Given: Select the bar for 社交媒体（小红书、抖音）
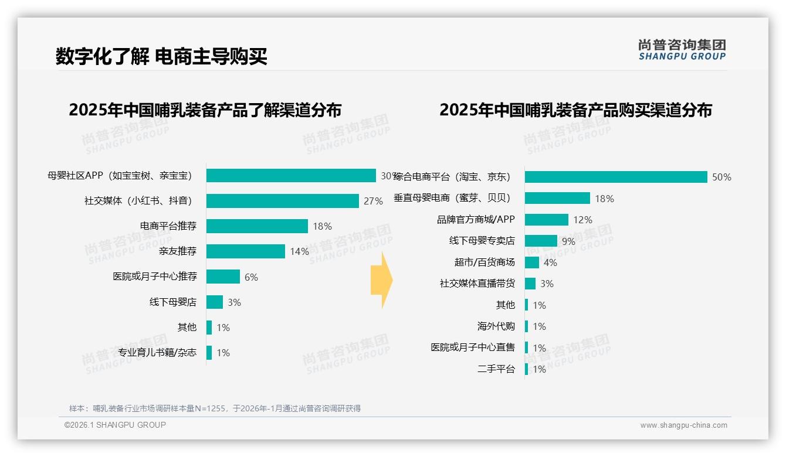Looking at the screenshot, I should pyautogui.click(x=282, y=201).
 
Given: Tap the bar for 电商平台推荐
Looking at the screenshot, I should pyautogui.click(x=257, y=226).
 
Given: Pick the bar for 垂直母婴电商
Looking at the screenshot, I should pyautogui.click(x=557, y=198).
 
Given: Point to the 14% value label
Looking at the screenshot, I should pyautogui.click(x=299, y=252).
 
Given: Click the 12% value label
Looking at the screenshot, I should pyautogui.click(x=582, y=220).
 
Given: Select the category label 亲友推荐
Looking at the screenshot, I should pyautogui.click(x=177, y=251).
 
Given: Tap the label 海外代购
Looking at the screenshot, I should pyautogui.click(x=496, y=326).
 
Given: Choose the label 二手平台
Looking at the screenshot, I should pyautogui.click(x=496, y=369).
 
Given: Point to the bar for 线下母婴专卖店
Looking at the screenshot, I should pyautogui.click(x=541, y=241).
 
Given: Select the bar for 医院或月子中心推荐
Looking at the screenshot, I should pyautogui.click(x=223, y=277).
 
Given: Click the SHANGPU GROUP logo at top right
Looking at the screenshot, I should pyautogui.click(x=682, y=50).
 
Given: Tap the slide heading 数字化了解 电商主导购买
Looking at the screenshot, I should pyautogui.click(x=161, y=57).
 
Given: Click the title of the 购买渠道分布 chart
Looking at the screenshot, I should pyautogui.click(x=575, y=110).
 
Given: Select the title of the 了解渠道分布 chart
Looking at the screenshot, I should pyautogui.click(x=205, y=110).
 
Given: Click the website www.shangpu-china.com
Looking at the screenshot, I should pyautogui.click(x=683, y=425).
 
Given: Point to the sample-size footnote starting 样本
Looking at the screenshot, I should pyautogui.click(x=215, y=408).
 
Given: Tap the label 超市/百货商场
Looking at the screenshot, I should pyautogui.click(x=485, y=262).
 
